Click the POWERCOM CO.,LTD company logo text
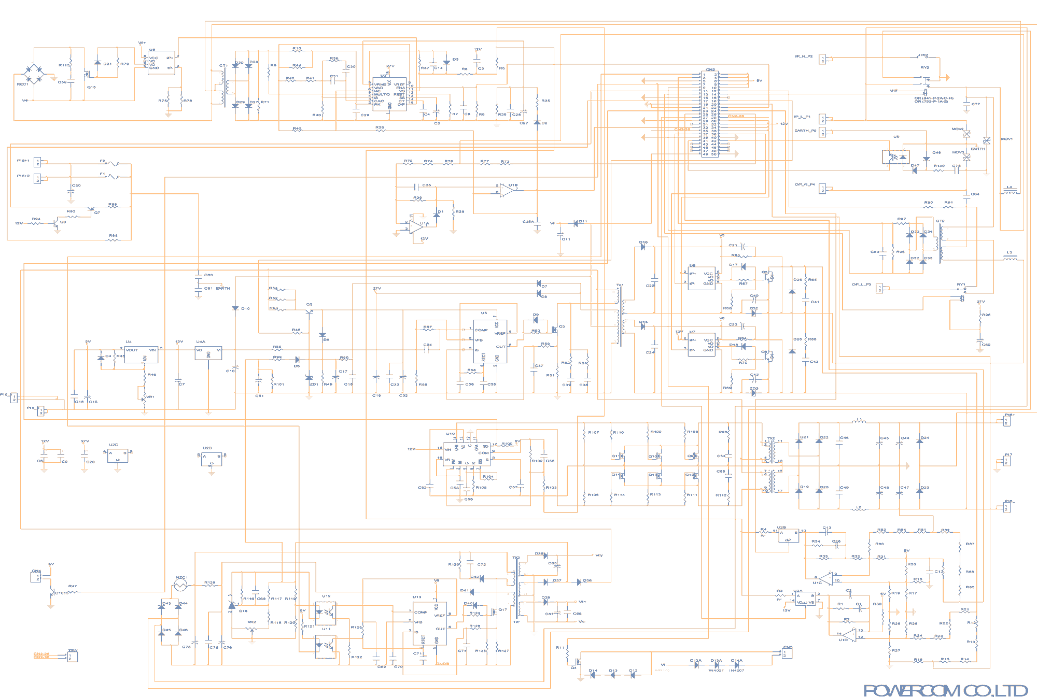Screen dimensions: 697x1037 click(945, 690)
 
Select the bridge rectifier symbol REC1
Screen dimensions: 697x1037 click(35, 74)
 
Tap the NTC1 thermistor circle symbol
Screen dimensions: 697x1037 click(180, 585)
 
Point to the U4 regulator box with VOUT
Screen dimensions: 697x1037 click(141, 354)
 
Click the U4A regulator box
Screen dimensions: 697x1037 click(208, 353)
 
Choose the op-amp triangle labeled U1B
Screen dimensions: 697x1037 click(507, 190)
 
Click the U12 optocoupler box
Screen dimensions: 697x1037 click(326, 613)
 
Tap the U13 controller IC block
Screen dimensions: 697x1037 click(429, 623)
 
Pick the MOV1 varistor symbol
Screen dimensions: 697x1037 click(987, 140)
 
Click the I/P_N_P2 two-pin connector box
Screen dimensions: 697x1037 click(822, 60)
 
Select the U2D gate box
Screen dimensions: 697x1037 click(212, 459)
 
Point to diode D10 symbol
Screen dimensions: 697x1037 click(235, 308)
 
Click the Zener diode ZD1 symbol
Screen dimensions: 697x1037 click(309, 378)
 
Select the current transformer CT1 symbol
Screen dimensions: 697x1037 click(223, 87)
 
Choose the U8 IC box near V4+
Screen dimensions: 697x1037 click(161, 63)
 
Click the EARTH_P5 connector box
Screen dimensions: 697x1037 click(822, 132)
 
